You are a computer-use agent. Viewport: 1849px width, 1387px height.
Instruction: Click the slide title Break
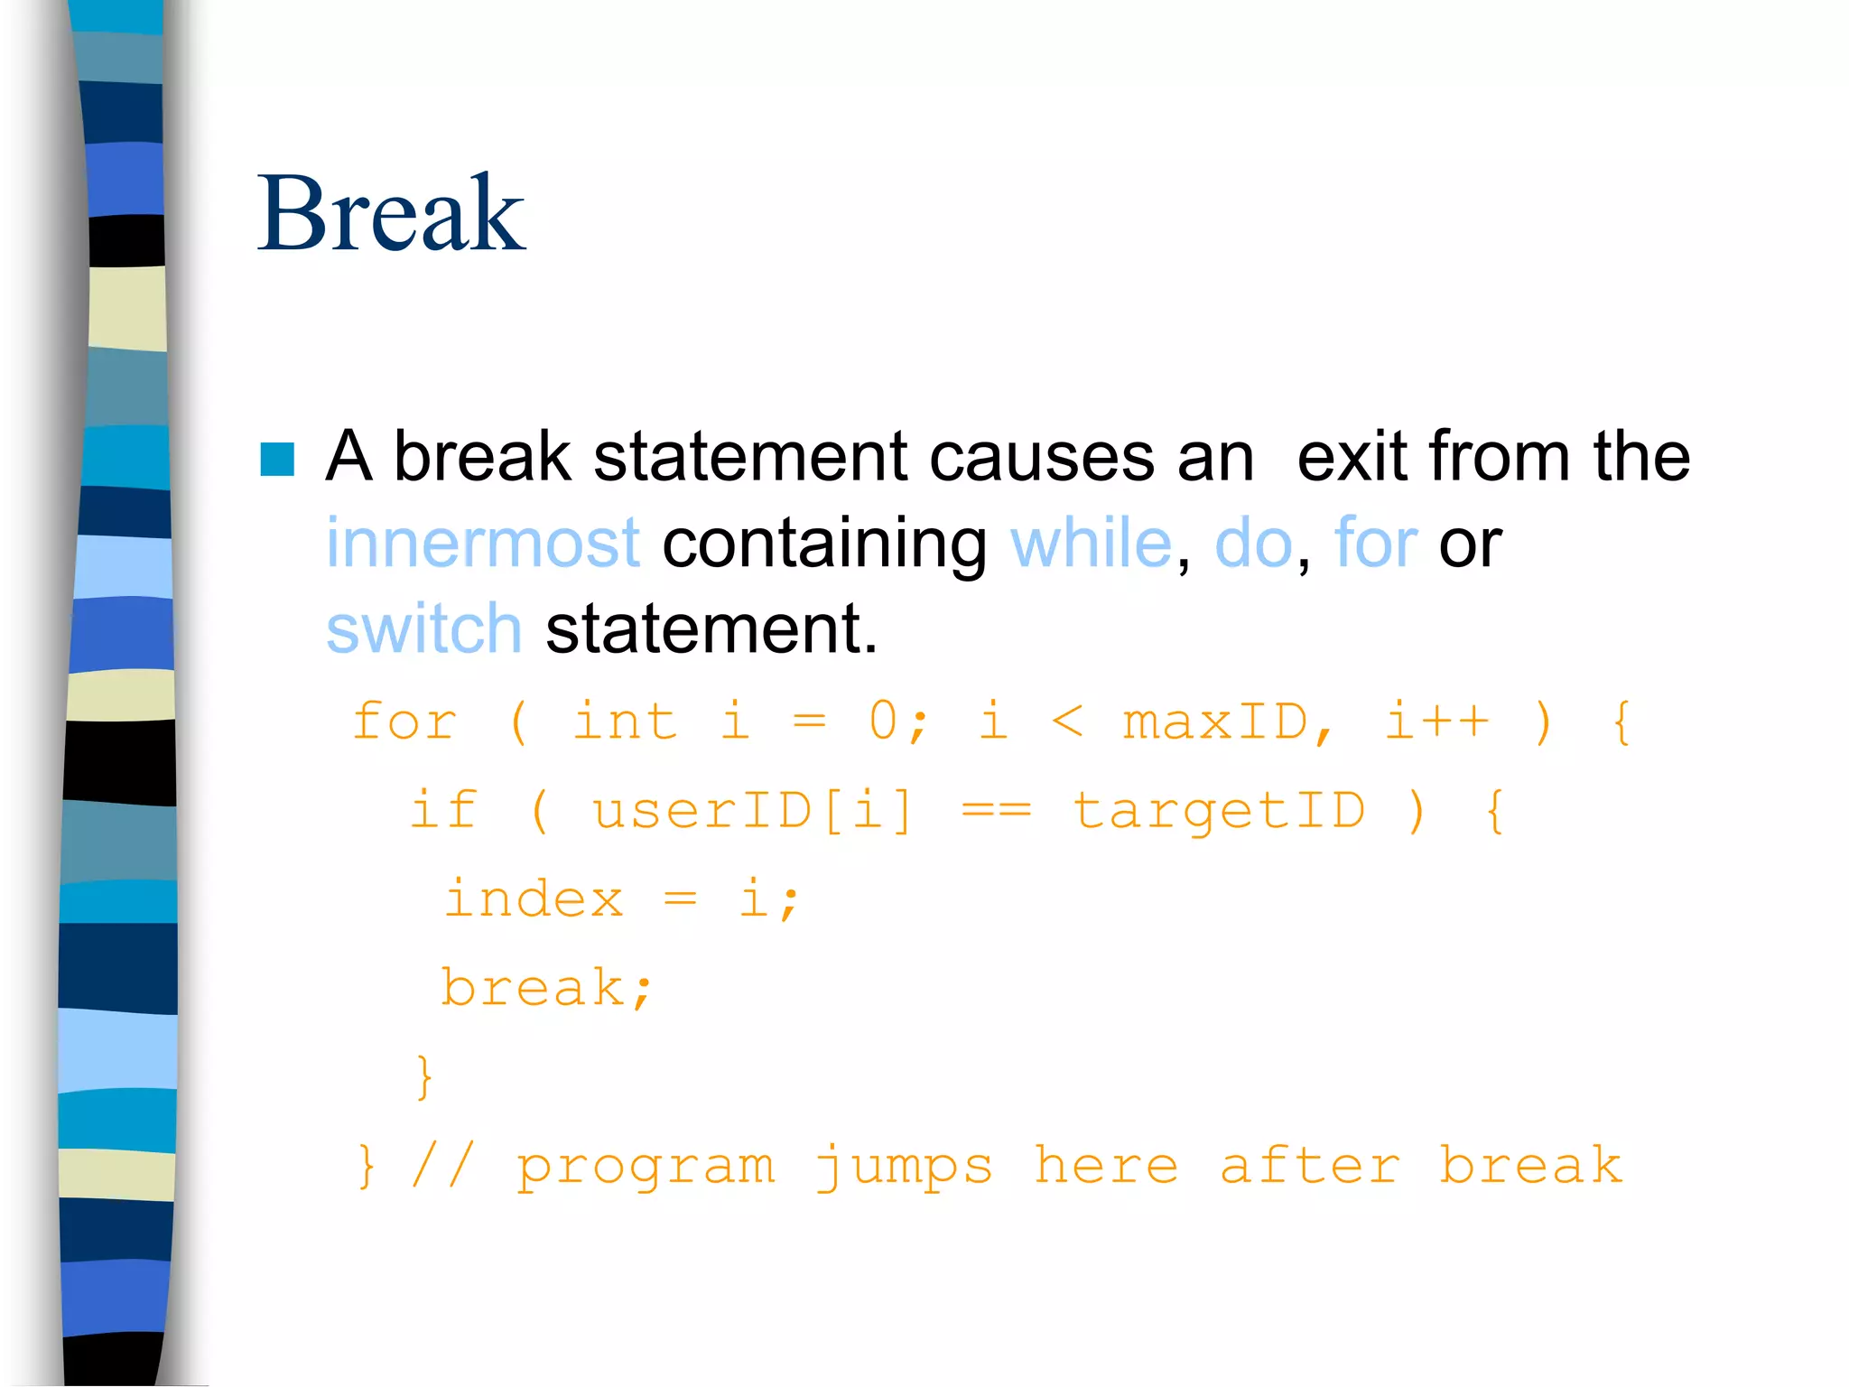point(390,214)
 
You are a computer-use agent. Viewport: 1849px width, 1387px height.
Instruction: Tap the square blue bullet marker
point(277,459)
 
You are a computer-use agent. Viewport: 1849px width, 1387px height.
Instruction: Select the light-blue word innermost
point(483,543)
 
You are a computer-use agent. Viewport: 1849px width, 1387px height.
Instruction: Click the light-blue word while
point(1091,543)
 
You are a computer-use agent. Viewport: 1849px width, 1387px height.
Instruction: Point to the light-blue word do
point(1253,543)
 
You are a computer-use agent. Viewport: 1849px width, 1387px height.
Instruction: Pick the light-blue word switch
point(424,628)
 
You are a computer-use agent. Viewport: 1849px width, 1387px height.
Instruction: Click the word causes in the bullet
point(1040,457)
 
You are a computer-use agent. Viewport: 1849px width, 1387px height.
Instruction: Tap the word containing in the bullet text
point(824,545)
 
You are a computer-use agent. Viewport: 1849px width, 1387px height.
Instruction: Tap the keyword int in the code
point(625,721)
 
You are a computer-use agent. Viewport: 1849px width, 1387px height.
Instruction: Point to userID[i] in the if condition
point(753,809)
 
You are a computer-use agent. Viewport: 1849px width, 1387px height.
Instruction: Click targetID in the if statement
point(1219,809)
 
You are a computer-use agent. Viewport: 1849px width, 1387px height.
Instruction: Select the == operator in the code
point(995,810)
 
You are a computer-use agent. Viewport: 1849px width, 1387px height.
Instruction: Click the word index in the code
point(534,898)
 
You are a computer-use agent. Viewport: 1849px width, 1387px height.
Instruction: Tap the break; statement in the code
point(546,987)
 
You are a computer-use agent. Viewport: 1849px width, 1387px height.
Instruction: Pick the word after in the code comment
point(1309,1165)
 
